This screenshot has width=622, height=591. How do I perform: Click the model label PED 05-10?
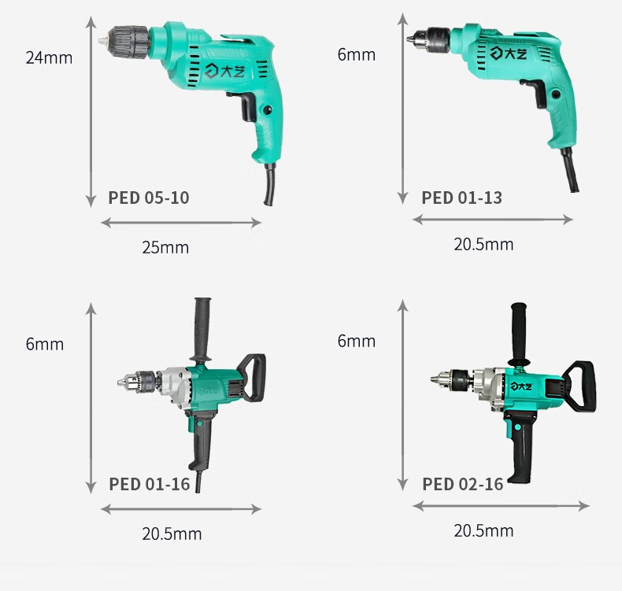click(149, 198)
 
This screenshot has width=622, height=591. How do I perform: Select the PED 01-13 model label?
click(461, 198)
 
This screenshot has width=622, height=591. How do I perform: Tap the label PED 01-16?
click(149, 484)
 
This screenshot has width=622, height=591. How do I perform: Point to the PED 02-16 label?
click(462, 484)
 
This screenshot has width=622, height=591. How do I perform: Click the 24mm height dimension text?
click(49, 58)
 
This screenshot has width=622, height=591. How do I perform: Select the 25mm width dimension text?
click(165, 247)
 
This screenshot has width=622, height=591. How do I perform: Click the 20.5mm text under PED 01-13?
click(483, 244)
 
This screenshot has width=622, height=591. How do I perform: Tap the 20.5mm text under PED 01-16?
click(172, 534)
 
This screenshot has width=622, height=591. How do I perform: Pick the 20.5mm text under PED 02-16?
click(483, 530)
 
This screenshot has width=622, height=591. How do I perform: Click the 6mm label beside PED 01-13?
click(356, 55)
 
